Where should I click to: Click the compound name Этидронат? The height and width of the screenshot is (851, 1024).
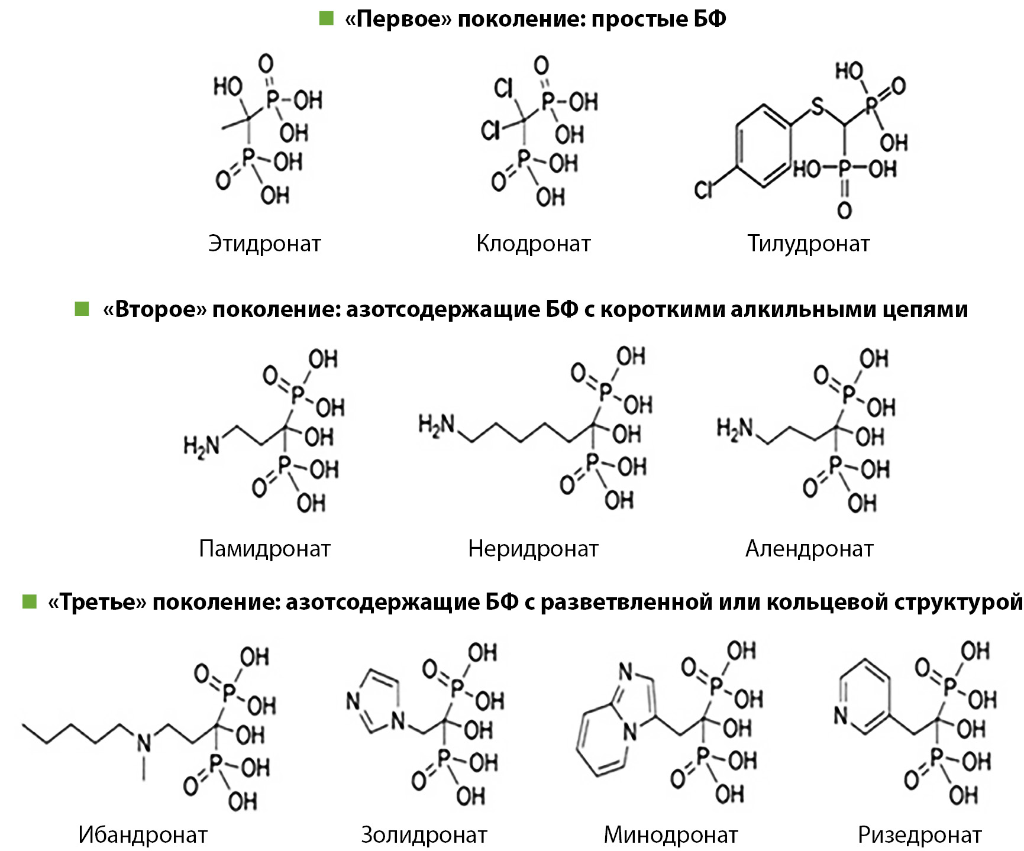(264, 244)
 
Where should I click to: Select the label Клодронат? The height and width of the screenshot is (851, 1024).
(533, 244)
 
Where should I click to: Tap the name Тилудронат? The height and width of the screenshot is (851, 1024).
(808, 244)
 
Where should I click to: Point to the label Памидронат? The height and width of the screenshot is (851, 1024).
(264, 549)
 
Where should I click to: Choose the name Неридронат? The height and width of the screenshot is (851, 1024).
(533, 549)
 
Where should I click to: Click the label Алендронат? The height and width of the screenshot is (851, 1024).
(809, 549)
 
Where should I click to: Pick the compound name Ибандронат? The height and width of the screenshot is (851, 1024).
(143, 835)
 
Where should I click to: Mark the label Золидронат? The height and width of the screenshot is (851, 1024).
(424, 835)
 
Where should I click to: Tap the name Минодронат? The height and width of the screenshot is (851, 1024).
(670, 835)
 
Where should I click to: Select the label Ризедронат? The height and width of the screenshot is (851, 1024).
(919, 835)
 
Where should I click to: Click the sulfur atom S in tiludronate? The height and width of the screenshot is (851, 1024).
(816, 107)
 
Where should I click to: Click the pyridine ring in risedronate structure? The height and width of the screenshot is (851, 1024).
(864, 698)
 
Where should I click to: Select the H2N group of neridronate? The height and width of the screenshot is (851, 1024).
(437, 426)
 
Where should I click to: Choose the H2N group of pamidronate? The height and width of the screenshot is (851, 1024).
(201, 445)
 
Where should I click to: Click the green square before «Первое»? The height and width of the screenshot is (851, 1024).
(326, 18)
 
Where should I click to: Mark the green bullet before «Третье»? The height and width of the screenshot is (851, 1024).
(29, 602)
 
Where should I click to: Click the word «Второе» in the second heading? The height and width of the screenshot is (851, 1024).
(155, 309)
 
